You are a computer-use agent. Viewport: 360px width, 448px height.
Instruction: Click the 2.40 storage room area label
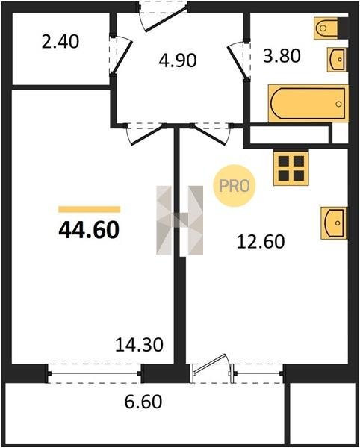(x=60, y=43)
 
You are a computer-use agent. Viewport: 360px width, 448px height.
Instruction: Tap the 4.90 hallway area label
(x=178, y=60)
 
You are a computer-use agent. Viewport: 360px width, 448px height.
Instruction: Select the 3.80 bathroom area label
(x=282, y=56)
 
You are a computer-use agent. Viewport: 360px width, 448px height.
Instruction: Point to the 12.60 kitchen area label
(x=261, y=241)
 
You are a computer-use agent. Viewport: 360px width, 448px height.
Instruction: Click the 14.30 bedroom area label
(x=139, y=344)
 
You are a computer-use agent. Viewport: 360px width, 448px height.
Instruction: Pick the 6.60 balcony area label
(x=143, y=402)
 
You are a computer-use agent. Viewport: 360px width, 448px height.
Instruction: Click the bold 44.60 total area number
(x=89, y=230)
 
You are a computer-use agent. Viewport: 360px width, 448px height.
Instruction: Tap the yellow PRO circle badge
(x=235, y=186)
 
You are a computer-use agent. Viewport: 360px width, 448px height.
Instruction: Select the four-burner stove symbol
(x=291, y=168)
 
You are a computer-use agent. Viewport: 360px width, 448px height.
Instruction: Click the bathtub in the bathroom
(x=308, y=104)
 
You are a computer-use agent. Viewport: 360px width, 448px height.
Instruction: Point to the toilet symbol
(x=331, y=28)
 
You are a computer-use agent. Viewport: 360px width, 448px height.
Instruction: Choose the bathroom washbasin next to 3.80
(x=337, y=60)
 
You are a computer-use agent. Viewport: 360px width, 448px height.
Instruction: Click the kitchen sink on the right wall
(x=334, y=223)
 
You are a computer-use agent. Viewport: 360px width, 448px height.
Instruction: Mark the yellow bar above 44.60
(x=89, y=209)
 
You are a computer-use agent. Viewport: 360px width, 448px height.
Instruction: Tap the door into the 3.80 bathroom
(x=238, y=60)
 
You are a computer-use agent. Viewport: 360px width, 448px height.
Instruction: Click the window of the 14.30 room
(x=94, y=373)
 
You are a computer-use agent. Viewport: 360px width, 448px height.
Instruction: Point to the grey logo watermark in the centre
(x=180, y=220)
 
